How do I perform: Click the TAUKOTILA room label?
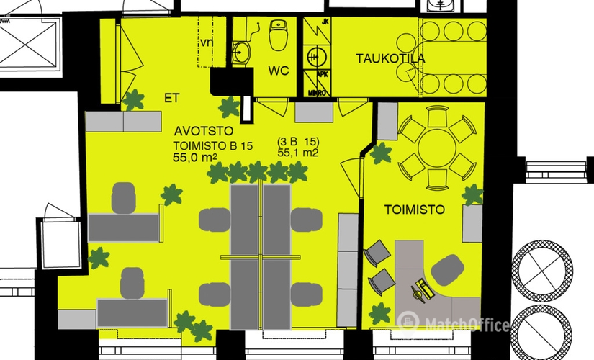[390, 59]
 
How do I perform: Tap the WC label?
[278, 72]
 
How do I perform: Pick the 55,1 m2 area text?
[298, 153]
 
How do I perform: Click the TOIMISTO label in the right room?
[414, 210]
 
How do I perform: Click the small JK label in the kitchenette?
[325, 22]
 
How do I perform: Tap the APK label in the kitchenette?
[323, 74]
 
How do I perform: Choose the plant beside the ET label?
[132, 99]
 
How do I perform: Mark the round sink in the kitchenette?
[314, 55]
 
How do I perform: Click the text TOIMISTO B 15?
[212, 146]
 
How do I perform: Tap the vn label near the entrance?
[206, 42]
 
